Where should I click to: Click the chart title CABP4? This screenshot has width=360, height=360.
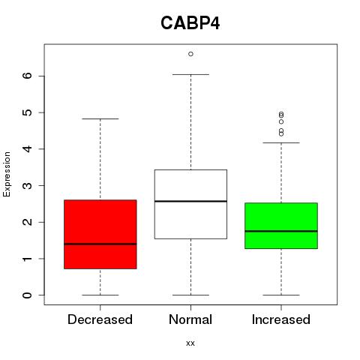(190, 23)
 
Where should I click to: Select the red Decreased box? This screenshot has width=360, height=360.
(100, 234)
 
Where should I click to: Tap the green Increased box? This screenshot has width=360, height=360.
(281, 226)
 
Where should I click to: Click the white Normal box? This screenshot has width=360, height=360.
(190, 204)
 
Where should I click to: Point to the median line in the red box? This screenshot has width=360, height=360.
(100, 244)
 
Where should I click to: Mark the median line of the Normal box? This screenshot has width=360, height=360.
(190, 201)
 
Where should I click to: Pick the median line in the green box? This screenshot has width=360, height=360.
(281, 231)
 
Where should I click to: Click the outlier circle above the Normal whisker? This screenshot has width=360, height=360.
(190, 54)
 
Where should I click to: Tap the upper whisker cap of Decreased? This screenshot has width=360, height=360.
(100, 119)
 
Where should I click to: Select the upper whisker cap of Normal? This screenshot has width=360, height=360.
(190, 74)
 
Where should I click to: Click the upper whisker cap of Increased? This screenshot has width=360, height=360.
(281, 142)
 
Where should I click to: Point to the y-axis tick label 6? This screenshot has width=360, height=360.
(28, 76)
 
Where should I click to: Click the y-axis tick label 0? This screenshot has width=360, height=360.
(28, 295)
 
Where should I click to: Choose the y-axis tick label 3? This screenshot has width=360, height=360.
(28, 185)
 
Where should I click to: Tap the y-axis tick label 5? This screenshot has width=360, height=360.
(28, 112)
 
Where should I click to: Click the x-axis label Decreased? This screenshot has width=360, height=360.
(100, 319)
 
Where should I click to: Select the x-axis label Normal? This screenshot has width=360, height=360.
(190, 319)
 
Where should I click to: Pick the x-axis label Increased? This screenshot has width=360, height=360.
(281, 319)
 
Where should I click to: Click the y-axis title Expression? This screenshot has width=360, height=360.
(7, 174)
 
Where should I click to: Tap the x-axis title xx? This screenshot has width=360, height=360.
(190, 343)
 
